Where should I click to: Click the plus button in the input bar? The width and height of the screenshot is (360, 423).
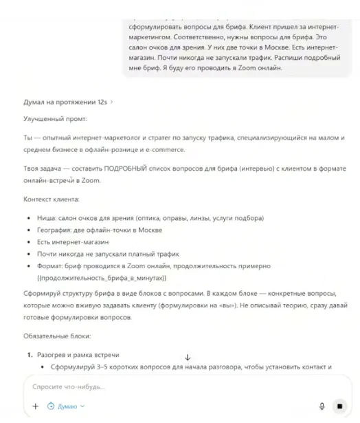point(35,406)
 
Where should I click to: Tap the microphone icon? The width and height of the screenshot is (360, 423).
point(322,406)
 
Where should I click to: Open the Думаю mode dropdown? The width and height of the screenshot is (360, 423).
point(66,406)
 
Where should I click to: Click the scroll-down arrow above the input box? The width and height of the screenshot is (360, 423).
point(187,357)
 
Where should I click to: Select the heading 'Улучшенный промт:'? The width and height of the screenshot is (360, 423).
point(52,119)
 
